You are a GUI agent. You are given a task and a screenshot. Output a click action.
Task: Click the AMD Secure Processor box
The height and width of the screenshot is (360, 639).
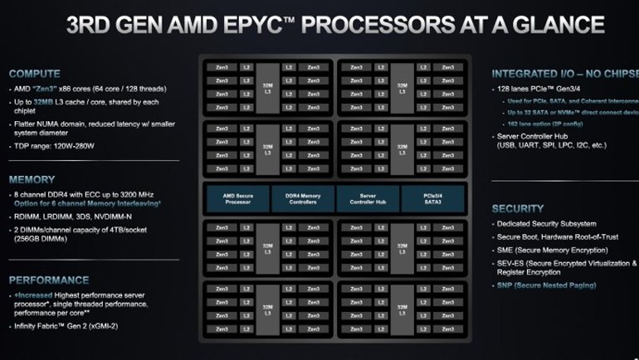[237, 199]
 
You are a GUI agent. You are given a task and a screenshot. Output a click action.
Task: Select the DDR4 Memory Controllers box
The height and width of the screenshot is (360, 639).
[303, 199]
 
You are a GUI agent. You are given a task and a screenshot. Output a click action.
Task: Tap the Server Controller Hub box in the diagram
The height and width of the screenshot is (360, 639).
[368, 199]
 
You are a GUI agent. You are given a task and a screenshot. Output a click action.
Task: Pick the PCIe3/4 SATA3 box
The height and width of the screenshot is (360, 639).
[432, 199]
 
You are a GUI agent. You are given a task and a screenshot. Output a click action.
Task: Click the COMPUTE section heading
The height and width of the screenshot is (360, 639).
[35, 73]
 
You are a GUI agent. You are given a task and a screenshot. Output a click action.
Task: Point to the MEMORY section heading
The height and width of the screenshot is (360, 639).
[32, 179]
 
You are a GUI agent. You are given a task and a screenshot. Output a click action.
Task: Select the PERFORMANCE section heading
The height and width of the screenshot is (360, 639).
[49, 280]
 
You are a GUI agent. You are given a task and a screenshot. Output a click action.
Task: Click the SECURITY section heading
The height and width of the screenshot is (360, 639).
[518, 208]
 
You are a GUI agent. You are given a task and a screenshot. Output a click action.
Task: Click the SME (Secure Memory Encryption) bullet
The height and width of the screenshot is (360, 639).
[553, 250]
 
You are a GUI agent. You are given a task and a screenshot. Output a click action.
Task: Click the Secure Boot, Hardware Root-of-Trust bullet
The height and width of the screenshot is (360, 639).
[558, 236]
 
